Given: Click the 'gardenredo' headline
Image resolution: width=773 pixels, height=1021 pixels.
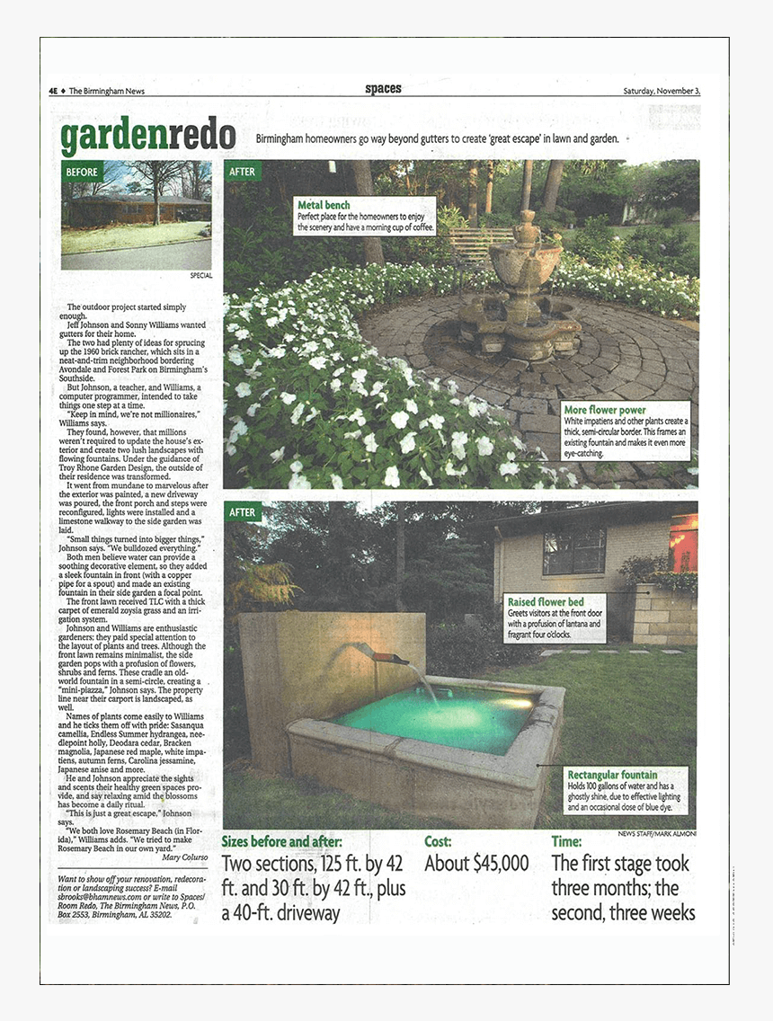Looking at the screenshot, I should [x=148, y=137].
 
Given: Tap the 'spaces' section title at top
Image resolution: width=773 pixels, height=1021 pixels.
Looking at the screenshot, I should [x=383, y=89].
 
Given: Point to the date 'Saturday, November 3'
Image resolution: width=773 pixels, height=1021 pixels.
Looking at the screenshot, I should [x=662, y=91].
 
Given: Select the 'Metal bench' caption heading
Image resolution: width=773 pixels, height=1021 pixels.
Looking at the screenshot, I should [x=324, y=205].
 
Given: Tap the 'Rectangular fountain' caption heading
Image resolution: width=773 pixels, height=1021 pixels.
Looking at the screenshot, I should [x=611, y=774].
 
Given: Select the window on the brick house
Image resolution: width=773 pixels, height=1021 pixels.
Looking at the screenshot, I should [x=573, y=550].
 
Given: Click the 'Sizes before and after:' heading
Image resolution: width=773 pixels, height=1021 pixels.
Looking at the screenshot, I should [x=282, y=842].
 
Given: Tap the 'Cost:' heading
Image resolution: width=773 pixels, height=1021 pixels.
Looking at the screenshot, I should [x=438, y=842].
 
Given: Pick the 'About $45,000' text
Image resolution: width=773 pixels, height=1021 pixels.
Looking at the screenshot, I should [x=476, y=864].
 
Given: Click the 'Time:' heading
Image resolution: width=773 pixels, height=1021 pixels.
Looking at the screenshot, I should [x=566, y=842].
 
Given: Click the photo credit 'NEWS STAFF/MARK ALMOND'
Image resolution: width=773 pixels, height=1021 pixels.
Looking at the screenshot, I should [x=656, y=833].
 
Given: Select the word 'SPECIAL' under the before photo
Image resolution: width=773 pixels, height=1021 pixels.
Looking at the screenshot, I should [x=201, y=275].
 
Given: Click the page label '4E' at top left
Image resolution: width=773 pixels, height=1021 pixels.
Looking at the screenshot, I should [x=54, y=91].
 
